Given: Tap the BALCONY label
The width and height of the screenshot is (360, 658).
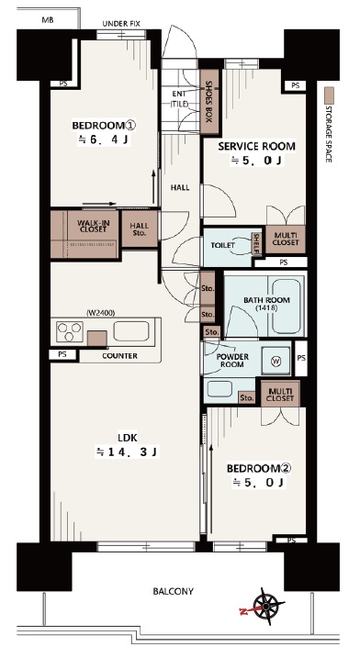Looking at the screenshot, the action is (x=173, y=591).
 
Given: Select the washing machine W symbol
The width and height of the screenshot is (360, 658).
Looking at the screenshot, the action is (x=276, y=361).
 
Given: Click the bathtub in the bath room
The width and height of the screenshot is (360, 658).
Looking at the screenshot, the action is (x=286, y=305).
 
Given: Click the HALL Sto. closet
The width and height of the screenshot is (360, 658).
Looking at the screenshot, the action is (x=140, y=229).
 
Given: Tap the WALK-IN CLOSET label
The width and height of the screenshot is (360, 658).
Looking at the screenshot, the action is (x=92, y=226).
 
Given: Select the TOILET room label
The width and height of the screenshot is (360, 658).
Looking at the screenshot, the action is (x=222, y=245).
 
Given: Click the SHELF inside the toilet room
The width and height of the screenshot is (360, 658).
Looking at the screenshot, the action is (x=256, y=244).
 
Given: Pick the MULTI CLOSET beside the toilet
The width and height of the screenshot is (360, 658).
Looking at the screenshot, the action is (x=286, y=240).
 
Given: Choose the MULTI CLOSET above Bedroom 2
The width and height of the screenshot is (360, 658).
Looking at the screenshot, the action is (x=280, y=394).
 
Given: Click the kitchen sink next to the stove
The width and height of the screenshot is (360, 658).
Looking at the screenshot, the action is (x=131, y=331).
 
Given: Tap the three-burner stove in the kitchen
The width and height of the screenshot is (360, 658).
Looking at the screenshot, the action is (x=70, y=331).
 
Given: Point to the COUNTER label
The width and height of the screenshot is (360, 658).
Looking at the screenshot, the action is (x=120, y=356).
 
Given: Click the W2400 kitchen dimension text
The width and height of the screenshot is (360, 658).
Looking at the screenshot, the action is (x=101, y=313).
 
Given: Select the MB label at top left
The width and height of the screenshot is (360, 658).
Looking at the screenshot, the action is (x=48, y=19).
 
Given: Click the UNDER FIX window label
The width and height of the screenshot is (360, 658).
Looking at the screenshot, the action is (x=121, y=24).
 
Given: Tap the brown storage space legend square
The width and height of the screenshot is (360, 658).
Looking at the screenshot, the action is (x=330, y=93).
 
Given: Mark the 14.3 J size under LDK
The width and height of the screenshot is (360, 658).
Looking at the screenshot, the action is (x=128, y=452).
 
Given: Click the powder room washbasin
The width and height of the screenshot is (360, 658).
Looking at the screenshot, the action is (x=219, y=388).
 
